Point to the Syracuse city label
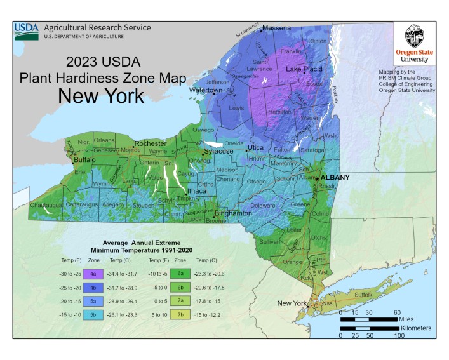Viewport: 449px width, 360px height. point(218,151)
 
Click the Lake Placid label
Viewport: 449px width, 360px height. point(304,69)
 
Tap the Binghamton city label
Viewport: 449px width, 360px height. point(232,213)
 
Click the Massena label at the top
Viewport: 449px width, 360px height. point(276,28)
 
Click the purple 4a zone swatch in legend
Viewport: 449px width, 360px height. point(93,274)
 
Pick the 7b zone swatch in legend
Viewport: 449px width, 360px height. point(180,314)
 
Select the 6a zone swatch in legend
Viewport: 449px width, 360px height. point(180,274)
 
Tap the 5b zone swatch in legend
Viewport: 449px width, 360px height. point(93,314)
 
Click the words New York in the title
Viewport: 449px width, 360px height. point(101,97)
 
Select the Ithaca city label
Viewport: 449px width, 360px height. point(196,191)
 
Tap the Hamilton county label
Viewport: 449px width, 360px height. point(279,111)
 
